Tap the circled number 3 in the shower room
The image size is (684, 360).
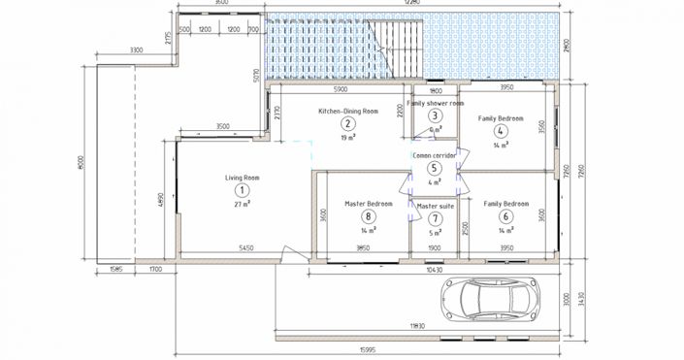click(437, 115)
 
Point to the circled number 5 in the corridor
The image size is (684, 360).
click(435, 168)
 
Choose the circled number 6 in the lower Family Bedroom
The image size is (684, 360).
click(505, 217)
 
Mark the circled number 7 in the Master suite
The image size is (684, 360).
click(436, 219)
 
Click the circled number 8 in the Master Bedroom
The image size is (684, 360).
click(369, 216)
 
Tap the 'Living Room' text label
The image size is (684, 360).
click(243, 178)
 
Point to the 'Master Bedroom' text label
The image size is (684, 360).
click(369, 204)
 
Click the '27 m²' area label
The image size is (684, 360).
click(243, 205)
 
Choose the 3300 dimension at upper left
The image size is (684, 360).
click(136, 49)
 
